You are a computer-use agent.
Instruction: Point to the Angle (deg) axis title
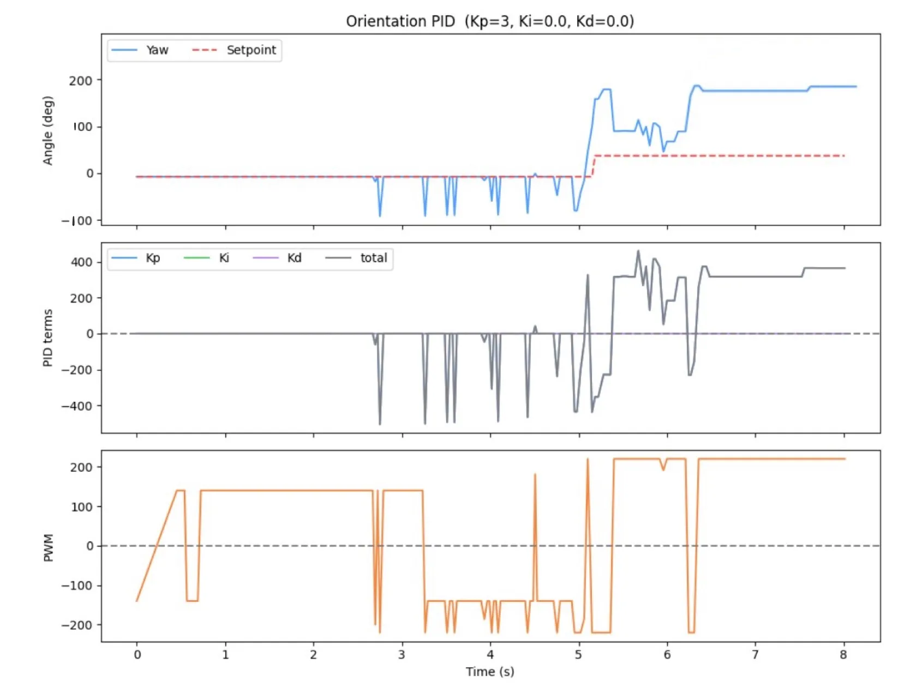pyautogui.click(x=48, y=130)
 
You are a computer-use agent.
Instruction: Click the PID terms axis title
pyautogui.click(x=48, y=338)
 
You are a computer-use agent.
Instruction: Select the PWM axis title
pyautogui.click(x=48, y=547)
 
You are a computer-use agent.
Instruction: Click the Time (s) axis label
pyautogui.click(x=489, y=672)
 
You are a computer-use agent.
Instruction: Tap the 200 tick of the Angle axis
pyautogui.click(x=81, y=81)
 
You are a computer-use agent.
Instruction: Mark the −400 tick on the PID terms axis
pyautogui.click(x=77, y=406)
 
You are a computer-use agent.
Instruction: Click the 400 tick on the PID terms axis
pyautogui.click(x=81, y=262)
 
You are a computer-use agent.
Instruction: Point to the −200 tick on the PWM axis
pyautogui.click(x=77, y=625)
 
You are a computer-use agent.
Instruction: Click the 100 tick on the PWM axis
pyautogui.click(x=81, y=507)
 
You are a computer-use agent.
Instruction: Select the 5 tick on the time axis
pyautogui.click(x=578, y=655)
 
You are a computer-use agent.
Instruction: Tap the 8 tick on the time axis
pyautogui.click(x=843, y=655)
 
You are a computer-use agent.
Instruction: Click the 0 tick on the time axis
pyautogui.click(x=137, y=655)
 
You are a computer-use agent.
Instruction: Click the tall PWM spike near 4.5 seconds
pyautogui.click(x=535, y=477)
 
